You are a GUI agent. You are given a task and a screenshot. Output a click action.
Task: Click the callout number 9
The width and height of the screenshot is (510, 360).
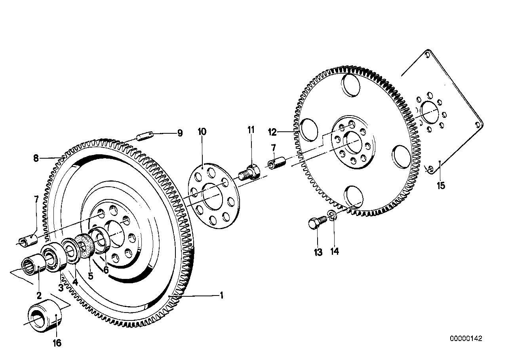point(180,133)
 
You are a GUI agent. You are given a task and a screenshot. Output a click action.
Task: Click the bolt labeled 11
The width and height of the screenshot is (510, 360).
point(248,174)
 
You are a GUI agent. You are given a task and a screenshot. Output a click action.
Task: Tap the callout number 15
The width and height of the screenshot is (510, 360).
point(441,185)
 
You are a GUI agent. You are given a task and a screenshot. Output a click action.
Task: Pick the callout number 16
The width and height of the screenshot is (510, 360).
point(57,343)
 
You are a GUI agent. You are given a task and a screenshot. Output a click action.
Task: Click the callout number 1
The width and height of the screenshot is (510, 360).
point(222,296)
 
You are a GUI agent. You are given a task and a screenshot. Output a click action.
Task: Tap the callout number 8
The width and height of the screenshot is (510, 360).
point(36,159)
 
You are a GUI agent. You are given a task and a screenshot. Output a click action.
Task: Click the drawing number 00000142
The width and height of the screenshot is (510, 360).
point(466,339)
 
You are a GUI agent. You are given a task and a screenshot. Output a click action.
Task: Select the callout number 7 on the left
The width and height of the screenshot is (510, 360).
point(36,199)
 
